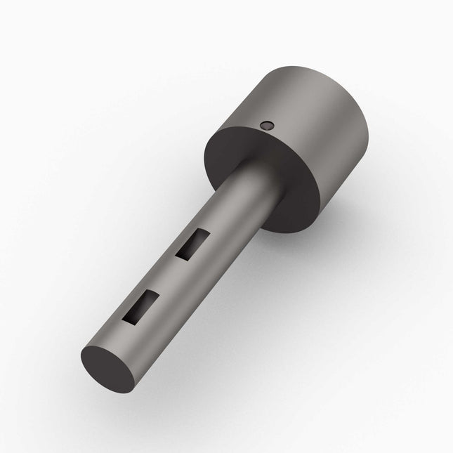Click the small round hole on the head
265,125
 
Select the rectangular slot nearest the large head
192,243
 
